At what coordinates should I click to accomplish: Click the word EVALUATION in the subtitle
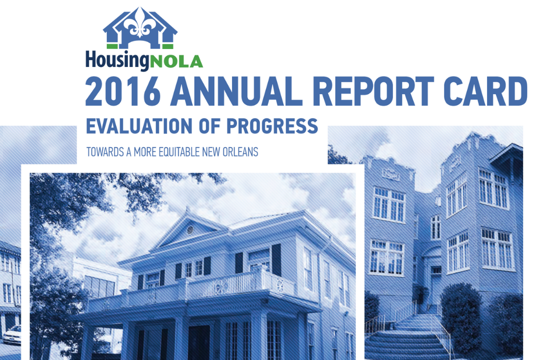pyautogui.click(x=140, y=126)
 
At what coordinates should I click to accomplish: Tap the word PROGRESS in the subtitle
pyautogui.click(x=272, y=126)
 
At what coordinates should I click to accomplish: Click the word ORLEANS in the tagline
pyautogui.click(x=241, y=151)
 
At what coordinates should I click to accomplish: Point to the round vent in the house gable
pyautogui.click(x=189, y=229)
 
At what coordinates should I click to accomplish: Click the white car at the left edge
pyautogui.click(x=12, y=335)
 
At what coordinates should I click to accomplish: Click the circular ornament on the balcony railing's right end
pyautogui.click(x=278, y=285)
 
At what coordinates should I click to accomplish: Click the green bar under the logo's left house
pyautogui.click(x=112, y=46)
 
